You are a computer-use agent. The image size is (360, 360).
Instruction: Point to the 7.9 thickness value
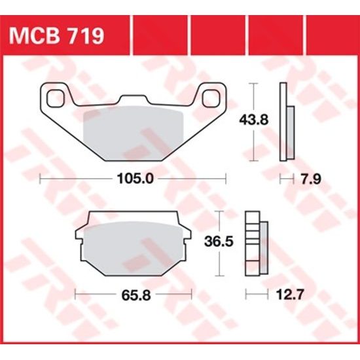299,178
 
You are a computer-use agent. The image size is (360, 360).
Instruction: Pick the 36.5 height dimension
219,242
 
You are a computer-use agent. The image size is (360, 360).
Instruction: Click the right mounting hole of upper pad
213,98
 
